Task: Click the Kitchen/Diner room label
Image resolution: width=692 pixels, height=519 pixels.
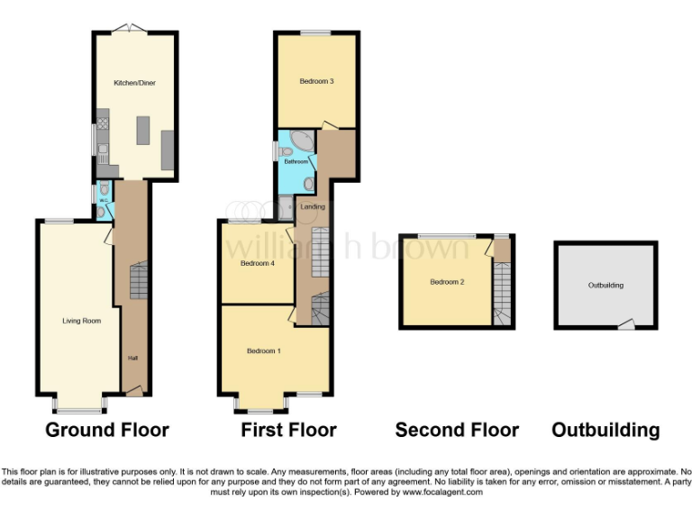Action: (134, 83)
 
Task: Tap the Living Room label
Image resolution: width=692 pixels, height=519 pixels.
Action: (81, 320)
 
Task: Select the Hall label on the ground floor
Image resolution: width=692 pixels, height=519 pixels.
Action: (132, 358)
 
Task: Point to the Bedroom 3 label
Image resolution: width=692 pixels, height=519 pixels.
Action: (317, 82)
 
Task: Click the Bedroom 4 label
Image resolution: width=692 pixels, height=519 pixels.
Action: (257, 264)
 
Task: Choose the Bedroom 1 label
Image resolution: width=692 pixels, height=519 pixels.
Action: (264, 351)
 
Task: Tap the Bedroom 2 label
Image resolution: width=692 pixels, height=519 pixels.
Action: (447, 282)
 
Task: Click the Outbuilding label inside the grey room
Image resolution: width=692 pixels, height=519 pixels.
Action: (605, 285)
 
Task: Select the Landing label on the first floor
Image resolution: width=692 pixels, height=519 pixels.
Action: (313, 206)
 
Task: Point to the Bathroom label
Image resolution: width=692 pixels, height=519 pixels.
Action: (296, 162)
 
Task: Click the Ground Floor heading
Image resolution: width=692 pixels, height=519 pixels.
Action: (107, 430)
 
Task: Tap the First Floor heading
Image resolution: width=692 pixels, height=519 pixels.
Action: (288, 430)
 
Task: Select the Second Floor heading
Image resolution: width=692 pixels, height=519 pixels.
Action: (457, 430)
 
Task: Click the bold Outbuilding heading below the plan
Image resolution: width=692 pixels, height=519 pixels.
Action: (605, 430)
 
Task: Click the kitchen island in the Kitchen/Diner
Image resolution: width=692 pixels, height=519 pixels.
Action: (141, 132)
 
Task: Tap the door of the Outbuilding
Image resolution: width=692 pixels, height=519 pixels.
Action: (625, 323)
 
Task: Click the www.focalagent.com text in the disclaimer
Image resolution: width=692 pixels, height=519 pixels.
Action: (442, 492)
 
